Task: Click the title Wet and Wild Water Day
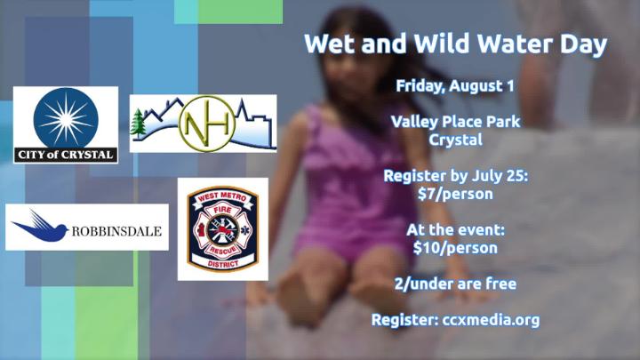[x=455, y=44]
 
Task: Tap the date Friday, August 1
[x=455, y=86]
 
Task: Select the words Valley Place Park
[x=455, y=122]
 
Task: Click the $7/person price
[x=455, y=194]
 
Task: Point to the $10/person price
[x=455, y=248]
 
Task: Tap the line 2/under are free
[x=455, y=284]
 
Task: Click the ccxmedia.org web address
[x=491, y=320]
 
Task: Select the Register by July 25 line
[x=455, y=176]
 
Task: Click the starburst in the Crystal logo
[x=66, y=119]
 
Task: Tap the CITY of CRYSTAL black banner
[x=66, y=155]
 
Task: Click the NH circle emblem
[x=207, y=124]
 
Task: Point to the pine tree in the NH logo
[x=138, y=123]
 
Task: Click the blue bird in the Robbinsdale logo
[x=40, y=227]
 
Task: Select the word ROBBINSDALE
[x=116, y=231]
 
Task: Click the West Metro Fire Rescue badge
[x=223, y=229]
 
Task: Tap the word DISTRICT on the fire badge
[x=223, y=264]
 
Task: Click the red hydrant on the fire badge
[x=201, y=229]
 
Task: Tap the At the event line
[x=455, y=230]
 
